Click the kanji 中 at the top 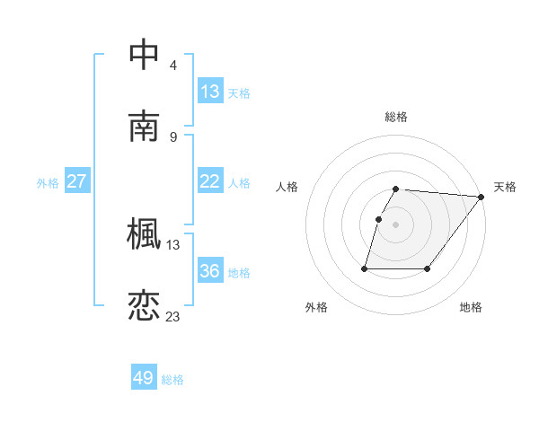coord(144,55)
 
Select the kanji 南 coord(144,127)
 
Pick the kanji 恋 coord(144,305)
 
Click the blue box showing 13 coord(210,92)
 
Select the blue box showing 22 coord(210,181)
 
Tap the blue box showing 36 coord(210,271)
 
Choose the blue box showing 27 coord(77,181)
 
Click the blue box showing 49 coord(144,378)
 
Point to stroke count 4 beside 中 coord(173,66)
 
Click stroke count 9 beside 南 coord(173,136)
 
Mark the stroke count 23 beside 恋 coord(173,316)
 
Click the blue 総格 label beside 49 coord(172,380)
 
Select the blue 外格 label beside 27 coord(48,183)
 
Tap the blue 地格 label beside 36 coord(239,273)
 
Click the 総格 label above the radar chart coord(396,117)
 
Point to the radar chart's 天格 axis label coord(505,187)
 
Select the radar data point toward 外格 coord(366,268)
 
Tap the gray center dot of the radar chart coord(396,224)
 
